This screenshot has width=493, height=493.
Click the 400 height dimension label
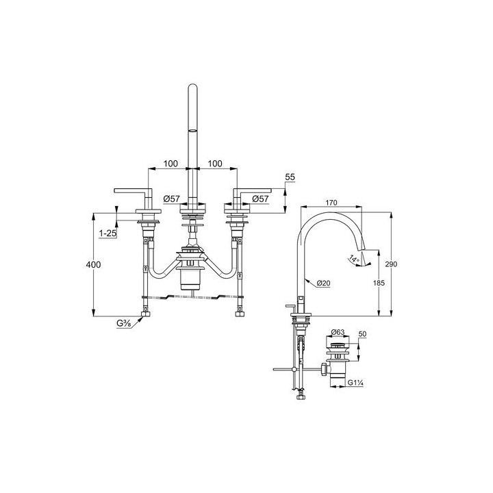(93, 264)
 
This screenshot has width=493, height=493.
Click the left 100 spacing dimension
(170, 164)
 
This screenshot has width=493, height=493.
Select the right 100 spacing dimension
(215, 164)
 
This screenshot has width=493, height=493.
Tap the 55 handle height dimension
(290, 177)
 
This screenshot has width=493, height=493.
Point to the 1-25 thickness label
(108, 233)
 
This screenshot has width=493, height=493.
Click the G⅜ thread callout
(123, 323)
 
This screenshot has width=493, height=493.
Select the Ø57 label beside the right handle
(260, 199)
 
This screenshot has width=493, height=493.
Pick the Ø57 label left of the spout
(172, 199)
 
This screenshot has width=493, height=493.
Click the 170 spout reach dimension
(331, 203)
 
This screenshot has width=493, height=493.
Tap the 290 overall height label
(391, 264)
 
